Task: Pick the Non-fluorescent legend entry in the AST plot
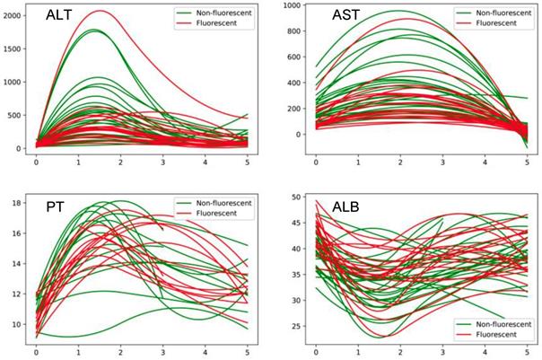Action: (498, 14)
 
